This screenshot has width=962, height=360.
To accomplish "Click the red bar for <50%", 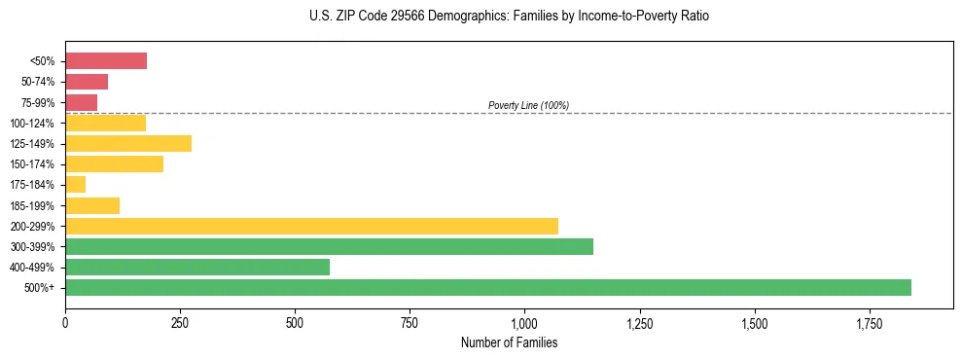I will click(x=106, y=61).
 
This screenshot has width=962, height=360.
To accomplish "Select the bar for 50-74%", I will click(x=87, y=82).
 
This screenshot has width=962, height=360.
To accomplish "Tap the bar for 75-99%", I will click(x=82, y=102).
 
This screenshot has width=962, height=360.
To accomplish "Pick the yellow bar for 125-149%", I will click(x=128, y=143).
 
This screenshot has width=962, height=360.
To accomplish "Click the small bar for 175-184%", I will click(x=76, y=184).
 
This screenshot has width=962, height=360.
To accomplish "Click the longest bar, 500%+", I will click(x=488, y=287).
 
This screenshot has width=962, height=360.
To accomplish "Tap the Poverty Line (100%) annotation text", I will click(x=528, y=105).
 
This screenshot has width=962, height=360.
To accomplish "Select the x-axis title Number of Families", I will click(x=510, y=342).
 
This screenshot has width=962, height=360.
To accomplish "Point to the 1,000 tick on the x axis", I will click(x=524, y=323).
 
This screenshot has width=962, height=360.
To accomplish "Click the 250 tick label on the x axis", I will click(x=180, y=323).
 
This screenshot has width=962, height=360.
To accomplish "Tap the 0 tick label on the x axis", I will click(x=65, y=323).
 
